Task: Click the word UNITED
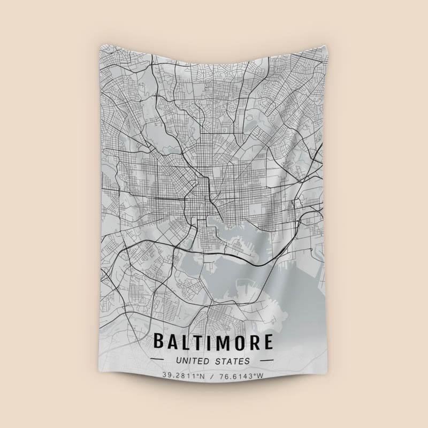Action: click(192, 361)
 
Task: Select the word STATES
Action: click(233, 361)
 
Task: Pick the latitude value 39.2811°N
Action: click(184, 376)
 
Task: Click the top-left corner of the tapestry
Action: click(100, 48)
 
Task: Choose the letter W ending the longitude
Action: click(261, 376)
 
